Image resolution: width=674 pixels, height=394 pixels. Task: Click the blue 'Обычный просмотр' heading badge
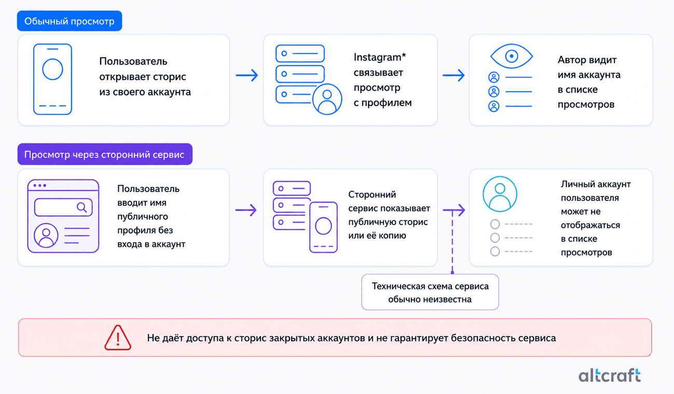pyautogui.click(x=70, y=21)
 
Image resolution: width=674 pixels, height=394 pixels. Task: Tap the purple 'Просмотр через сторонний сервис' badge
pyautogui.click(x=105, y=154)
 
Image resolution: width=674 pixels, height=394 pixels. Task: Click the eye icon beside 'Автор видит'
pyautogui.click(x=512, y=56)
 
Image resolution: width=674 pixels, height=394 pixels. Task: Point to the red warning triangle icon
pyautogui.click(x=118, y=338)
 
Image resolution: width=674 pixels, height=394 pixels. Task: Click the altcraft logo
pyautogui.click(x=610, y=375)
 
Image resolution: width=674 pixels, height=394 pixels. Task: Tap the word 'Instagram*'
pyautogui.click(x=380, y=57)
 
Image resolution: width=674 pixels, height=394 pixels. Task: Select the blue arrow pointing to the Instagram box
pyautogui.click(x=247, y=75)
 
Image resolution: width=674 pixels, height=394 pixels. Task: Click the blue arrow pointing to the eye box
pyautogui.click(x=453, y=75)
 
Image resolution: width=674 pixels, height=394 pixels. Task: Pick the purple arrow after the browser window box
pyautogui.click(x=246, y=210)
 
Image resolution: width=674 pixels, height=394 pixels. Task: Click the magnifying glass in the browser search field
pyautogui.click(x=82, y=207)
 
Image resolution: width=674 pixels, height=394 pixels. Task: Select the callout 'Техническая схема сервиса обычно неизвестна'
pyautogui.click(x=430, y=292)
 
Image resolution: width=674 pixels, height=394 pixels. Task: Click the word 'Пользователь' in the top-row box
pyautogui.click(x=133, y=61)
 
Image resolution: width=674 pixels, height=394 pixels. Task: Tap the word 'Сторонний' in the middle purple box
pyautogui.click(x=372, y=194)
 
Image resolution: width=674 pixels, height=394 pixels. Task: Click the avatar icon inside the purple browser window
pyautogui.click(x=46, y=235)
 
